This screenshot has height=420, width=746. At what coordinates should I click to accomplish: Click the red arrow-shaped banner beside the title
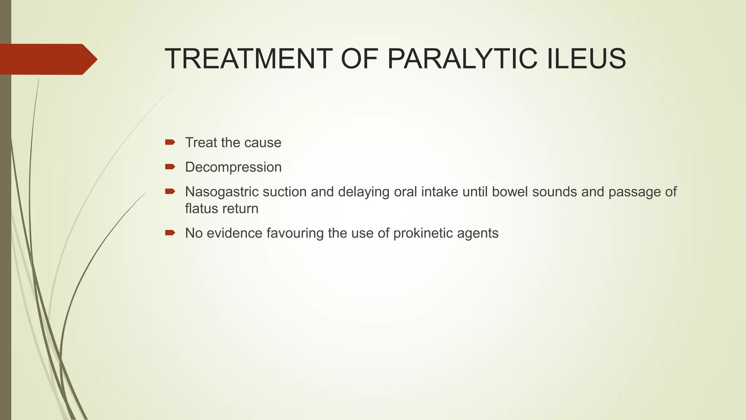pos(47,59)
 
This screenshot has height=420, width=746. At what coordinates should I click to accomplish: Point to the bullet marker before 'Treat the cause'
pos(170,142)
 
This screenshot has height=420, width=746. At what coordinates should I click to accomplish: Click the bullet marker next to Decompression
pos(170,167)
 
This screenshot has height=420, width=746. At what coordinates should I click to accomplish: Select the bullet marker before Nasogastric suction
pos(170,191)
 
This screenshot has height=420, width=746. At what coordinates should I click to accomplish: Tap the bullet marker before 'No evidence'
pos(170,233)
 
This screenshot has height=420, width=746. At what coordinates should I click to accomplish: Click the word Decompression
pos(233,167)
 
